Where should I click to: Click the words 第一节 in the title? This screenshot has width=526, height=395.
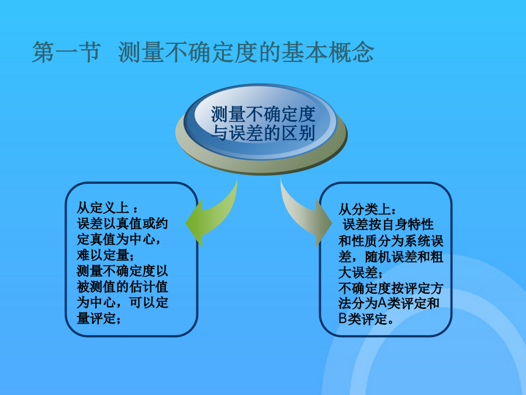pos(66,53)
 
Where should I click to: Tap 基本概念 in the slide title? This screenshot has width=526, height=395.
pos(327,53)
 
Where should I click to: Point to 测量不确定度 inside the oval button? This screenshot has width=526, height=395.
pos(263,115)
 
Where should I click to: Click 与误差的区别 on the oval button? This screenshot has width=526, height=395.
pos(263,133)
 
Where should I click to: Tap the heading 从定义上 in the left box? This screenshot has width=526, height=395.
pos(103,208)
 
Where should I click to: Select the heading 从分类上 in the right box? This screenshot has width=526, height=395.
pos(365,209)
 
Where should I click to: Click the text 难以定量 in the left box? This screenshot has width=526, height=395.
pos(103,255)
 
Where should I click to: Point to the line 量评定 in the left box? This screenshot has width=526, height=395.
pos(96,318)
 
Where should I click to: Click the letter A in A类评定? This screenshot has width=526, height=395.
pos(383,303)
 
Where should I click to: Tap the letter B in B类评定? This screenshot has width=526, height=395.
pos(342,318)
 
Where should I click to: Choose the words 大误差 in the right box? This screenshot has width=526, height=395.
pos(358,273)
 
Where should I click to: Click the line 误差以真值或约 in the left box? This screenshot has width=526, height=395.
pos(123,224)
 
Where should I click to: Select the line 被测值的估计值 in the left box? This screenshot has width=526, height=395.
pos(123,287)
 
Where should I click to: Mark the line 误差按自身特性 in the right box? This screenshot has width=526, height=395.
pos(388,224)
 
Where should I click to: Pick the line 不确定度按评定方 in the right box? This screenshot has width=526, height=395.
pos(391,288)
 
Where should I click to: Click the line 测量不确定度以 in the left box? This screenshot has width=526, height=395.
pos(123,271)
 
